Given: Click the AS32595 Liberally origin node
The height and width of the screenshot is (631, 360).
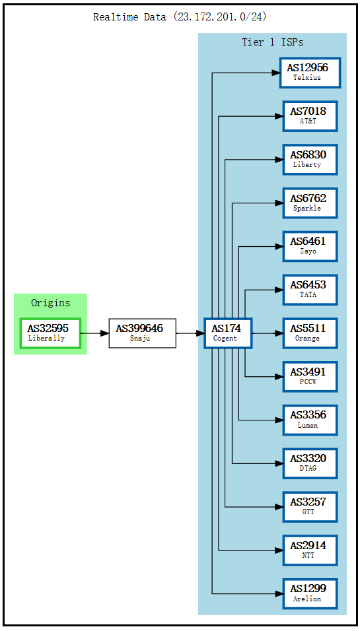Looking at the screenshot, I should coord(50,333).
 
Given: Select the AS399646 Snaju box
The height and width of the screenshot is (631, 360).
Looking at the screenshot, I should coord(142,333).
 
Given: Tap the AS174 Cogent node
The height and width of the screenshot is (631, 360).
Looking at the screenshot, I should coord(228,333).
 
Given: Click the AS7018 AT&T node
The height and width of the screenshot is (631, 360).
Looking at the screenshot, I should coord(310,116).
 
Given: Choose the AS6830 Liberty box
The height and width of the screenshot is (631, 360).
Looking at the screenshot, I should coord(310,160).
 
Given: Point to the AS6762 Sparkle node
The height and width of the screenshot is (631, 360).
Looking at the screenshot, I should coord(310,203).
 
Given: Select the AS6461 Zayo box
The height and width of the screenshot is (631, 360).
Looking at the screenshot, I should coord(310,246).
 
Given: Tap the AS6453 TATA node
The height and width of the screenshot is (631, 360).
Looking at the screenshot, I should coord(310,290).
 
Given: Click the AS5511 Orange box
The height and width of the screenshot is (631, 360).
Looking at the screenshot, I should coord(310,333).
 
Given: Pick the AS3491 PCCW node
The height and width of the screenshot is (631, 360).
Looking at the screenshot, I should coord(310,377).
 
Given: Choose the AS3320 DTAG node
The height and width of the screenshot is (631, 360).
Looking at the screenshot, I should coord(310,463).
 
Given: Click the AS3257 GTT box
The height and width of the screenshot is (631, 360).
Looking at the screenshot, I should coord(310,507).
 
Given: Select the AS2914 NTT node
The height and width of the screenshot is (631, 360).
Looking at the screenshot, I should coord(310,550).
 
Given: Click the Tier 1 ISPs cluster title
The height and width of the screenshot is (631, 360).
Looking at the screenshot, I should coord(272,42).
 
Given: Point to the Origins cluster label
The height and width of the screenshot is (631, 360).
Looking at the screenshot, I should coord(50,303).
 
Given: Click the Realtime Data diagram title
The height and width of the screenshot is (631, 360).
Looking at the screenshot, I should coord(180,17).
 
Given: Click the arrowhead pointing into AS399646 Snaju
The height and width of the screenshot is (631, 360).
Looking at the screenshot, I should coord(104,333).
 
